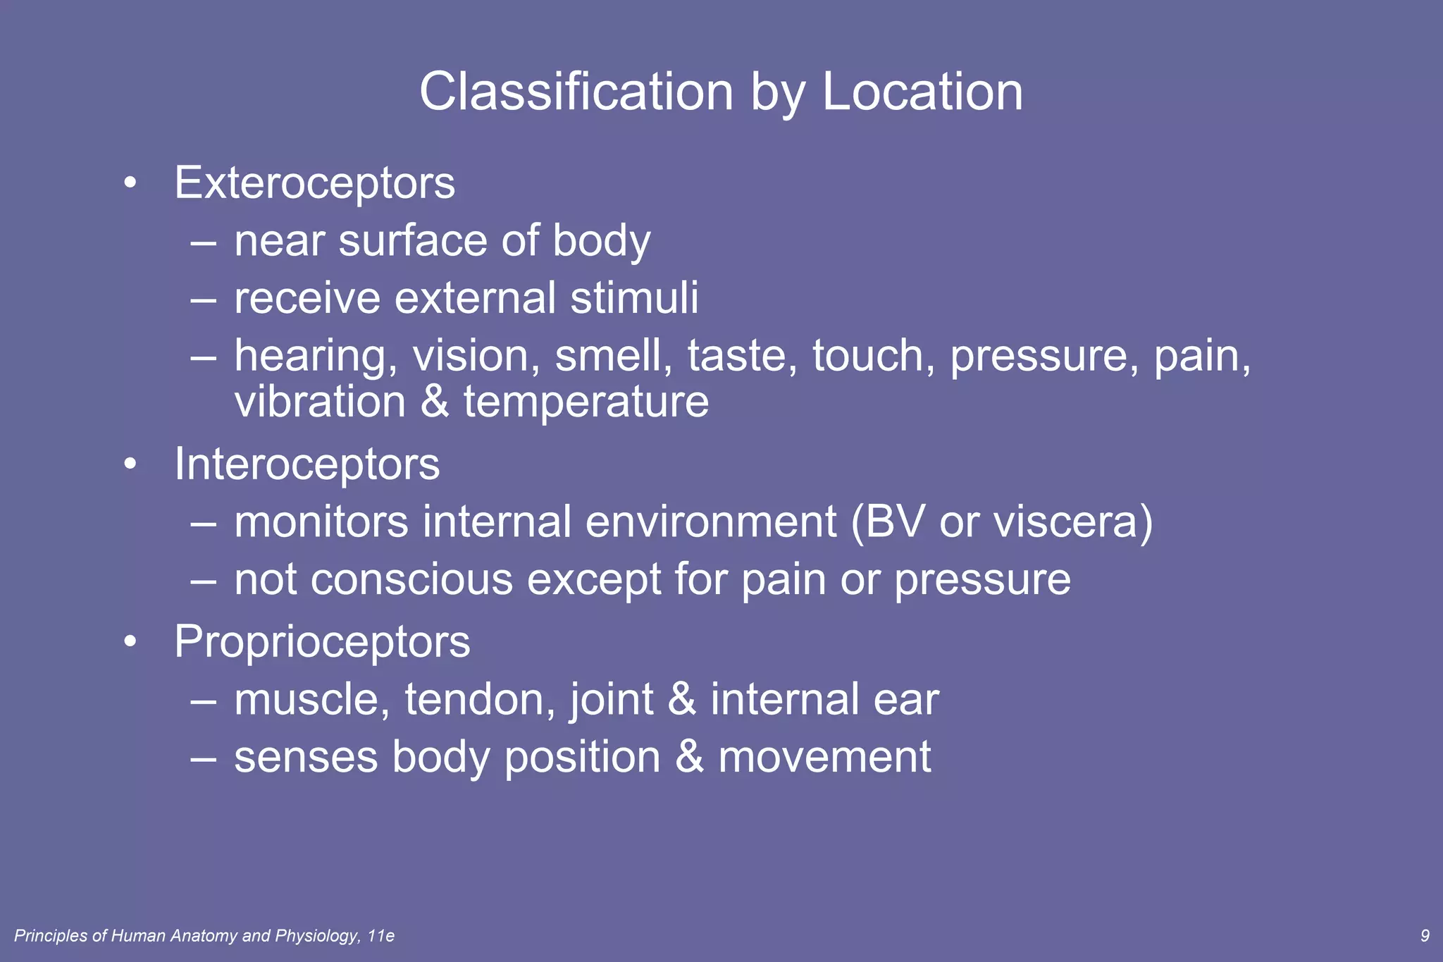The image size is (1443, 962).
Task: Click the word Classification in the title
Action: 576,92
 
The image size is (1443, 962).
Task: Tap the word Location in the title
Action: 922,92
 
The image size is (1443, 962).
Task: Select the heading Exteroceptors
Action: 314,183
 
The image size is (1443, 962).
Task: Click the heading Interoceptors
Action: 306,464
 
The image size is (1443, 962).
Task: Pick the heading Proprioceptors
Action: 322,642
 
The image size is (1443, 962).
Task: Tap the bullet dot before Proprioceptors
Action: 130,643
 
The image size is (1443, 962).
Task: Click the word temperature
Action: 586,402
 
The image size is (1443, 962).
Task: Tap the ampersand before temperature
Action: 435,402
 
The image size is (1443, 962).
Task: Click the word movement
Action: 824,758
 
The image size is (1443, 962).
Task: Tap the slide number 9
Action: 1425,936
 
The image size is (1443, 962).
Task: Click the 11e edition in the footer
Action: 381,936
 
